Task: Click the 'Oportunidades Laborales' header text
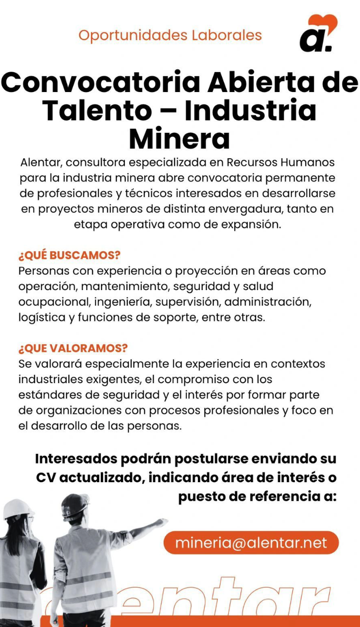coord(170,35)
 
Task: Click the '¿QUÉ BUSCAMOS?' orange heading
coord(70,255)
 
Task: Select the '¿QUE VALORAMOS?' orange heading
coord(73,348)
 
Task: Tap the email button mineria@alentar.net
coord(251,542)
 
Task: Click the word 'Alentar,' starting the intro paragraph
coord(41,162)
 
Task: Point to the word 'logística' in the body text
coord(42,317)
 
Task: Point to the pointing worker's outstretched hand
coord(162,523)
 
